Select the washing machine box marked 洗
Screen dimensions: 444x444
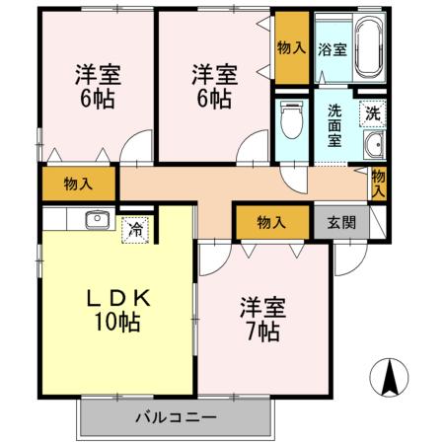372,113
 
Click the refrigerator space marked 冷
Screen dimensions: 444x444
134,229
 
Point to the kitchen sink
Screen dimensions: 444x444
96,219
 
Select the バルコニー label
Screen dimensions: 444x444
175,418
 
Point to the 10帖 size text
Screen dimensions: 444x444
116,324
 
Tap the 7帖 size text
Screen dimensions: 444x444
262,332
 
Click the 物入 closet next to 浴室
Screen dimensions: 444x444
291,47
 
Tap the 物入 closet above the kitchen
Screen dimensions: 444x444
77,184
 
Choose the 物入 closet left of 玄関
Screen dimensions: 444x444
271,222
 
